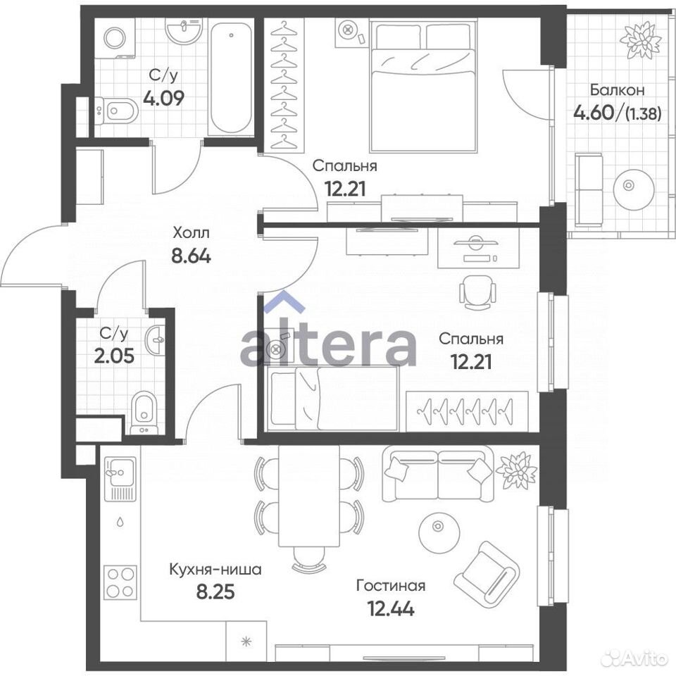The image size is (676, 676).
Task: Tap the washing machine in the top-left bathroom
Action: [115, 38]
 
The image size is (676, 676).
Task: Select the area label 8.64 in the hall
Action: [191, 256]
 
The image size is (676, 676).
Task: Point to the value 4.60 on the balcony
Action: [593, 113]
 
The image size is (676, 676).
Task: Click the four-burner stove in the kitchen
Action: [120, 582]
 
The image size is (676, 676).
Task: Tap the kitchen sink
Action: [120, 479]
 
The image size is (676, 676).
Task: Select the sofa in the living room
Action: [437, 473]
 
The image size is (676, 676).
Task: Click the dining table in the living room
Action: [309, 495]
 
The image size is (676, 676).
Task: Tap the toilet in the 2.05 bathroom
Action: [144, 412]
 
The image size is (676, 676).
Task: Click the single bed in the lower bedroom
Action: [332, 398]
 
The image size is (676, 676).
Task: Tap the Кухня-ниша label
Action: [215, 570]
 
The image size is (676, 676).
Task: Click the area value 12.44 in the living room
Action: [391, 608]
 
